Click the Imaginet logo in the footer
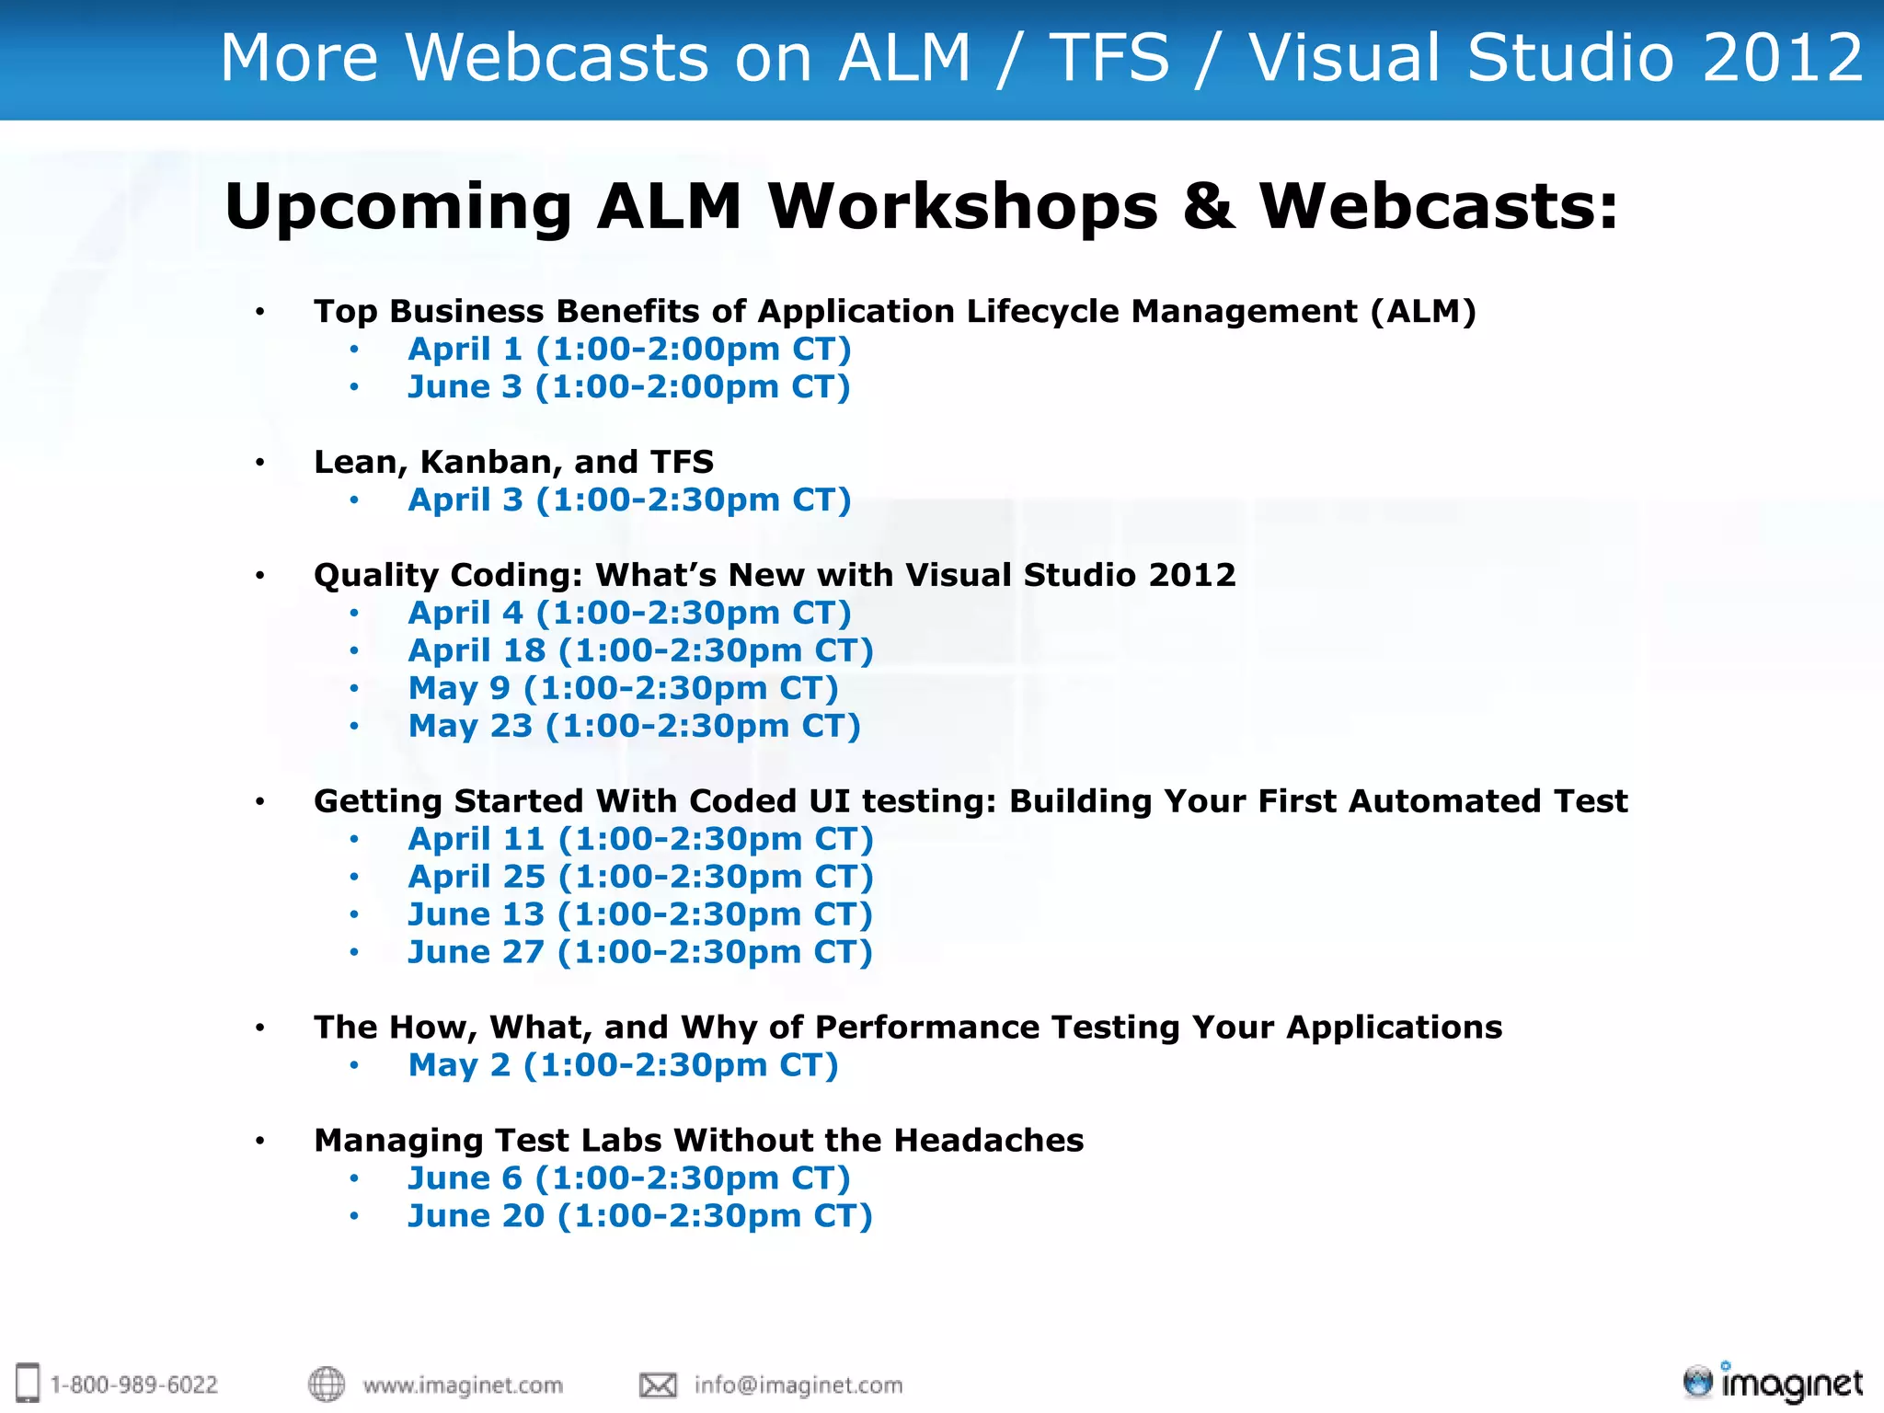coord(1772,1383)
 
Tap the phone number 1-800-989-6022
coord(133,1384)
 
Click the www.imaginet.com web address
coord(462,1385)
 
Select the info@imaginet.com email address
coord(798,1385)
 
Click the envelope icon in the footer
coord(658,1384)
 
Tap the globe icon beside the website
coord(326,1384)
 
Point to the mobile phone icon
coord(29,1383)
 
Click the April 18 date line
coord(640,650)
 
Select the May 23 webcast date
coord(634,726)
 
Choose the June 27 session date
coord(639,952)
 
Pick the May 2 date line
coord(623,1065)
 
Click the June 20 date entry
coord(639,1216)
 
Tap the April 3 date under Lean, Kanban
coord(629,500)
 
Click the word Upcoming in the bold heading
coord(398,207)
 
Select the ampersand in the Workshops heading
coord(1208,206)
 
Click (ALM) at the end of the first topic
coord(1422,312)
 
